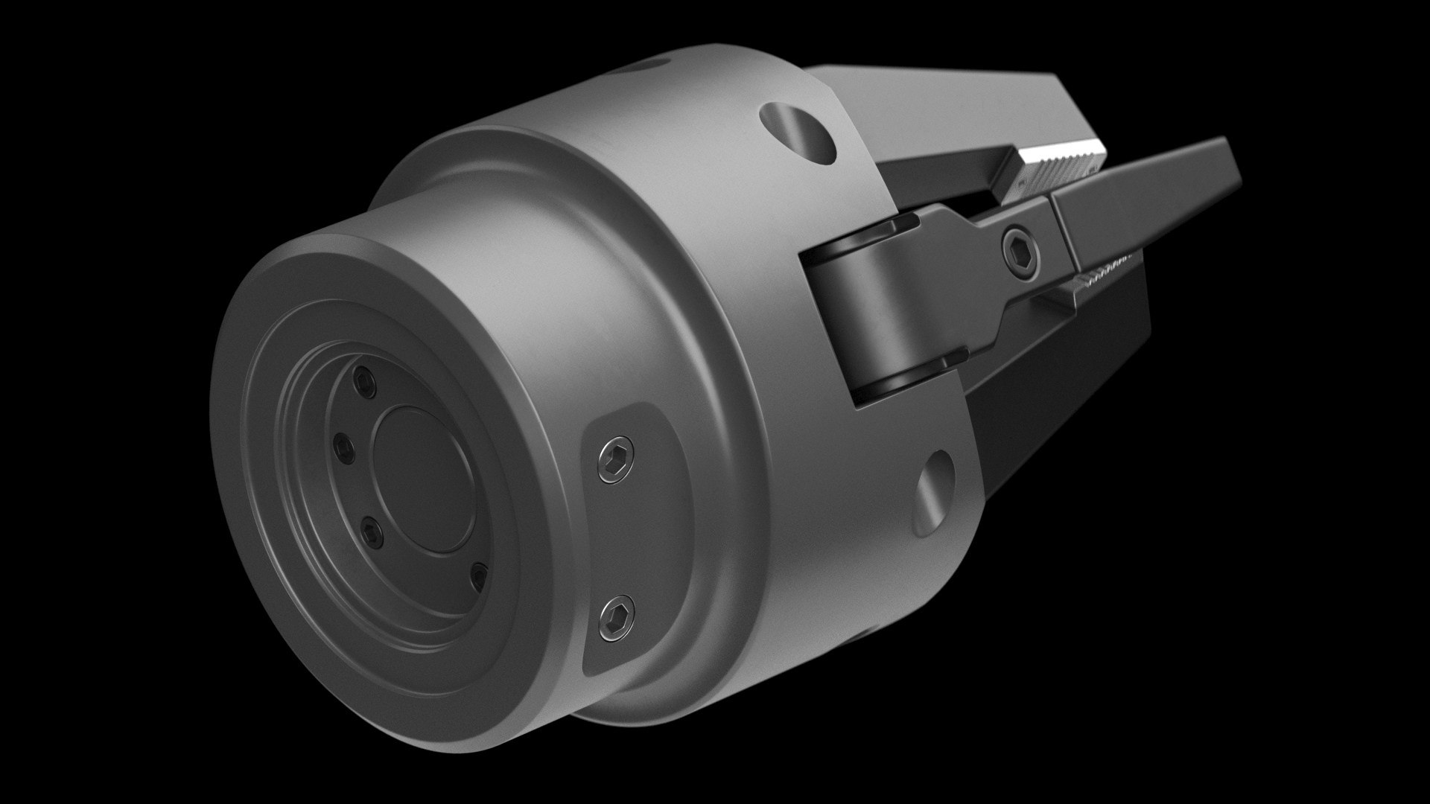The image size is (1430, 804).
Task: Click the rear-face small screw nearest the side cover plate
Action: (x=480, y=575)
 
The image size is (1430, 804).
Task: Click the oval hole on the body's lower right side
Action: (x=932, y=492)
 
